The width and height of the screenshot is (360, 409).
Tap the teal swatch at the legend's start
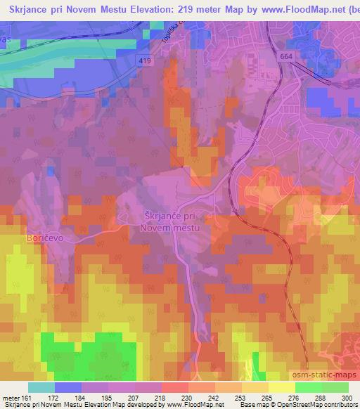pyautogui.click(x=41, y=387)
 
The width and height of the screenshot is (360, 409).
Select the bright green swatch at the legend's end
pyautogui.click(x=335, y=387)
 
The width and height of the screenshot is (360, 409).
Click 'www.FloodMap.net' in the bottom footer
pyautogui.click(x=191, y=405)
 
